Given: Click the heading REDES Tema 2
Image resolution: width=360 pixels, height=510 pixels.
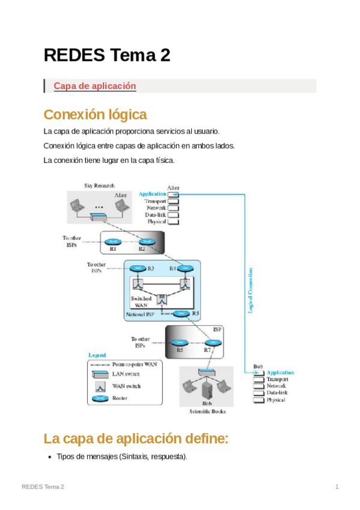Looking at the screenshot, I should (107, 55).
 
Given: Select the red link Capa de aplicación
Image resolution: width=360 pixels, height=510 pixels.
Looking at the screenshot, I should (95, 86).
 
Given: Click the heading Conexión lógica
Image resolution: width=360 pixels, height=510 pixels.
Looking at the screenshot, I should (95, 114).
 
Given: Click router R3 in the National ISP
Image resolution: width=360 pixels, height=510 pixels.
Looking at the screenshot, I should (138, 268).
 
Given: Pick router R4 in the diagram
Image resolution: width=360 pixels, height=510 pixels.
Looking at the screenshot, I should (185, 268).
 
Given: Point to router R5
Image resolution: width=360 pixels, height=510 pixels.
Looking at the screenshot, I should (181, 313).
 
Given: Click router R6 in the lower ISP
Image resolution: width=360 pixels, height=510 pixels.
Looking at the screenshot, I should (179, 343).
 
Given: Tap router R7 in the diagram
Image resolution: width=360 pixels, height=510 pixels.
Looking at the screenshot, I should (212, 343).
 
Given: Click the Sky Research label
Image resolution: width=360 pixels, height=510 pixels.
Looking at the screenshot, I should (99, 186).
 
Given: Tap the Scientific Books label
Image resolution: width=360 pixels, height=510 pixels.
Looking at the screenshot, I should (207, 411).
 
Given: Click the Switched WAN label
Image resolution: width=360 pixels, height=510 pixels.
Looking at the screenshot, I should (141, 302).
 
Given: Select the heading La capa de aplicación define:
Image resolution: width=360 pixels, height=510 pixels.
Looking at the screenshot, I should (136, 438).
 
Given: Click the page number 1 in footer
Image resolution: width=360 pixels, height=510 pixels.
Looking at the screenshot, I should (337, 486).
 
